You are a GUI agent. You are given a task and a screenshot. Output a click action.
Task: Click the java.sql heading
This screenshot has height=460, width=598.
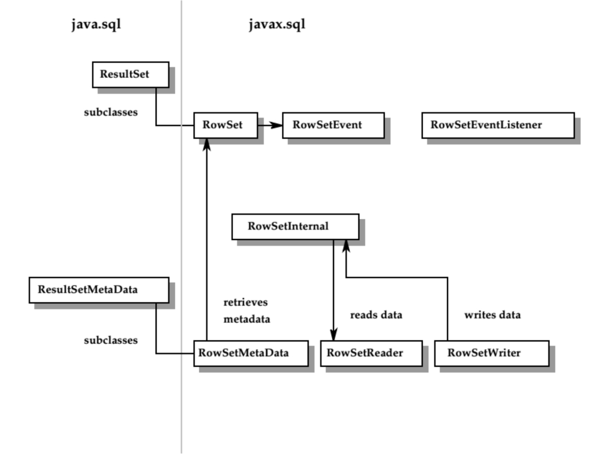[96, 24]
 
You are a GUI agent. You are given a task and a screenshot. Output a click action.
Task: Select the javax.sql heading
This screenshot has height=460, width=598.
[277, 24]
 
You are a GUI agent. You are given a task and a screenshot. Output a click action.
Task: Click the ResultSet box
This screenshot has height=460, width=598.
[131, 75]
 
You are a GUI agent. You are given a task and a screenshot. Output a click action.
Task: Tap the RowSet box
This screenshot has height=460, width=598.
[225, 125]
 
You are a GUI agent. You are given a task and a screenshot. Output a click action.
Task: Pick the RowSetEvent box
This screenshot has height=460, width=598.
[333, 125]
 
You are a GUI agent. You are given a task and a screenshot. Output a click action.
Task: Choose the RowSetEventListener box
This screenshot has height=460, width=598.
[498, 125]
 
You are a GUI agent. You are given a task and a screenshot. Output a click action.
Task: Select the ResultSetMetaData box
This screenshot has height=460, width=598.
[99, 290]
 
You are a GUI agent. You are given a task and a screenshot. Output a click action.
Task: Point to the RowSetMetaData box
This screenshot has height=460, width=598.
[250, 353]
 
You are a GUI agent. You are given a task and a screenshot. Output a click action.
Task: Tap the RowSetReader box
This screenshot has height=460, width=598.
[370, 353]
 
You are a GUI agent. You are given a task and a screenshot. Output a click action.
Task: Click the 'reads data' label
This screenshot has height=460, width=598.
[376, 315]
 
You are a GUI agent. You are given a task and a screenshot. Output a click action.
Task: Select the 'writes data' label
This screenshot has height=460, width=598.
[492, 315]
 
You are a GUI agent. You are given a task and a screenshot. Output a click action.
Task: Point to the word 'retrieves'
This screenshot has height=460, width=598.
[246, 302]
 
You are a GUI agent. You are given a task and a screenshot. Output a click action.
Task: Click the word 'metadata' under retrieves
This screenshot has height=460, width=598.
[247, 319]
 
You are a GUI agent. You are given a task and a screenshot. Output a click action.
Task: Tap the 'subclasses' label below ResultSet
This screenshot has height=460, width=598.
[111, 112]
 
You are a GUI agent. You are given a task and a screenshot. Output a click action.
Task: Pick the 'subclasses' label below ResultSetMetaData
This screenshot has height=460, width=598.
[111, 340]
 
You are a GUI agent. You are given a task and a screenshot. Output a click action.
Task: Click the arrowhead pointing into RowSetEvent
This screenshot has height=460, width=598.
[276, 126]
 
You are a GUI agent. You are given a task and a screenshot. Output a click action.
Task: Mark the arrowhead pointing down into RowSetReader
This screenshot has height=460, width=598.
[333, 334]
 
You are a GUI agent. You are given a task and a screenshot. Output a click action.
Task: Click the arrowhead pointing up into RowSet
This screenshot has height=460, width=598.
[207, 144]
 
